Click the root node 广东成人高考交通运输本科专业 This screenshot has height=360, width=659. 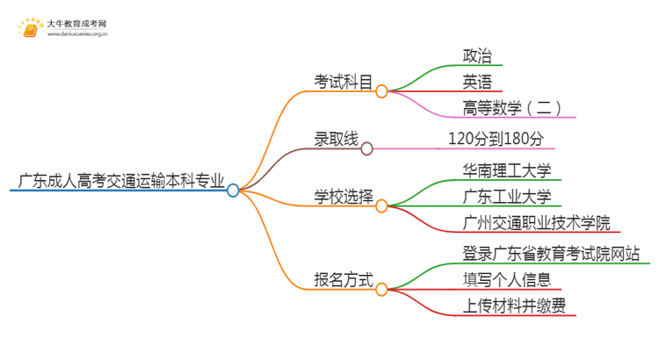[x=118, y=182]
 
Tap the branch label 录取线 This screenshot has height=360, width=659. [x=337, y=139]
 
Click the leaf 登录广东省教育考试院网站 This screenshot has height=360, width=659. [x=551, y=254]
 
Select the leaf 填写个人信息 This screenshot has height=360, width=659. [x=507, y=280]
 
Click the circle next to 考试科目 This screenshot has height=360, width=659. [x=381, y=90]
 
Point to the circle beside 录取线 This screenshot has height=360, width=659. [x=367, y=148]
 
